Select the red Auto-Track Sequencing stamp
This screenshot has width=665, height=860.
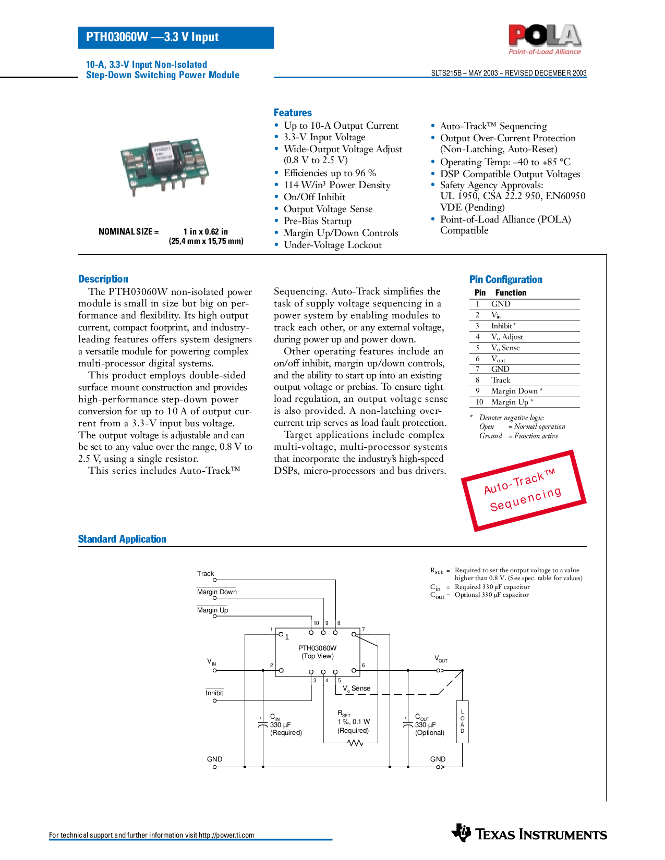[524, 490]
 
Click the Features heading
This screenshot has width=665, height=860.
[293, 113]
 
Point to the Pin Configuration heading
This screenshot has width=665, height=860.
[505, 279]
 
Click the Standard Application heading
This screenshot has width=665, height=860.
[122, 539]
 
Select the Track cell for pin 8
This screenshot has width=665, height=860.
[501, 380]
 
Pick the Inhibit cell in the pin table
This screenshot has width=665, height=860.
[503, 326]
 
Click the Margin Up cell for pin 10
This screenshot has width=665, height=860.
[511, 402]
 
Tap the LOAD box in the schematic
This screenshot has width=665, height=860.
[462, 721]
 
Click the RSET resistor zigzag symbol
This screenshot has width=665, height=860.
[356, 743]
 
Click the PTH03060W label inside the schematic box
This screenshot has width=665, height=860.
[317, 648]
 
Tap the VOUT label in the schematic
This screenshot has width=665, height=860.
[441, 659]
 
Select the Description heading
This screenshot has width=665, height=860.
[103, 279]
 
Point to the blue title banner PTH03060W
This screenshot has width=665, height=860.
[175, 38]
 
